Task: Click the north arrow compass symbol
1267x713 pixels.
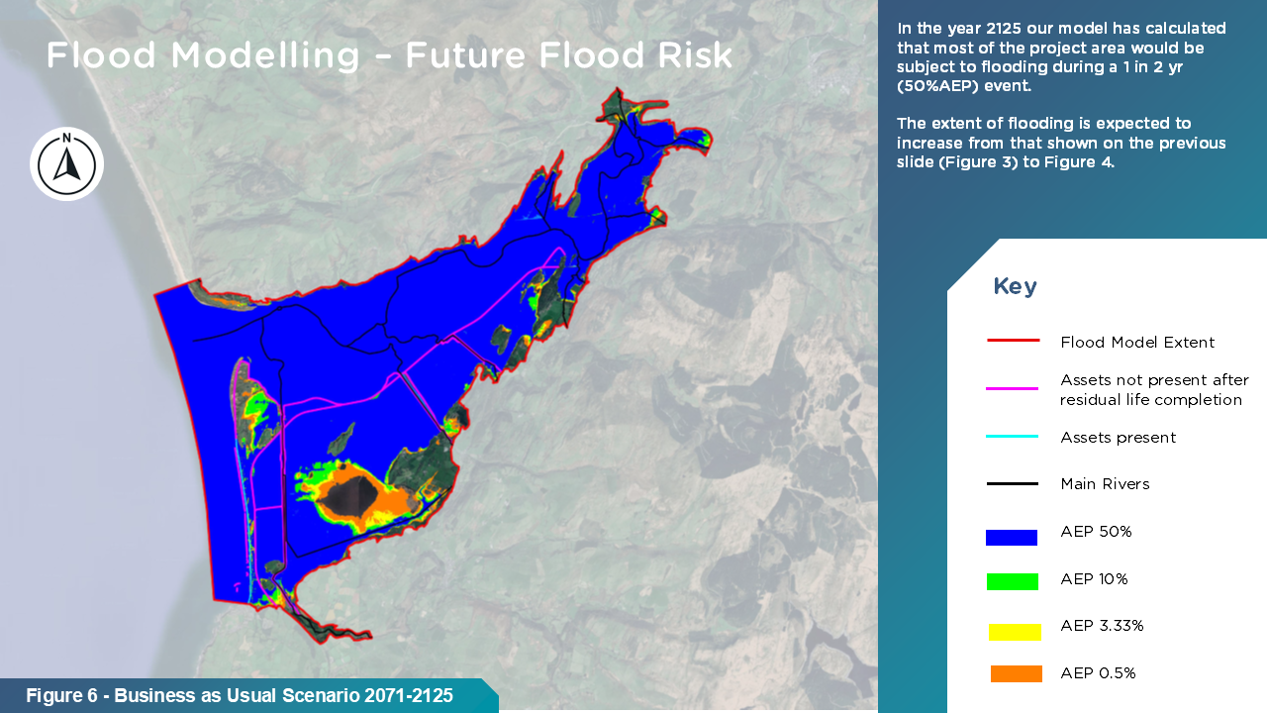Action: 66,164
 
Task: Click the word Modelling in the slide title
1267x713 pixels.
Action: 264,56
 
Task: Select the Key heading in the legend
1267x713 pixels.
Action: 1015,286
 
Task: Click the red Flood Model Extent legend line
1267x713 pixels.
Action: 1013,341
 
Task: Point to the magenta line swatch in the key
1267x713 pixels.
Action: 1012,389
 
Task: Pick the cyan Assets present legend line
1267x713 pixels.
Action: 1012,437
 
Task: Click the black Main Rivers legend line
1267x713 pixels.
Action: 1012,484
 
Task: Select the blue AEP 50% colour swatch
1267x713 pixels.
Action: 1012,538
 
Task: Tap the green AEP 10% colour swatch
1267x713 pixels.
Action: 1013,581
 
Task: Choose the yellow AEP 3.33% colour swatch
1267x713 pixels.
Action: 1015,632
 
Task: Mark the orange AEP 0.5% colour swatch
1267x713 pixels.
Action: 1016,674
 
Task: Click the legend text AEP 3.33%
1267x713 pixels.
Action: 1102,626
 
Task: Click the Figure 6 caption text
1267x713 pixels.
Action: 240,695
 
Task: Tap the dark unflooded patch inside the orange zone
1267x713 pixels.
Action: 346,496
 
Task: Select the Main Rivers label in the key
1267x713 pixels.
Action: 1105,484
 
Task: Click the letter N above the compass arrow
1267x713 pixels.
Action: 66,138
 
